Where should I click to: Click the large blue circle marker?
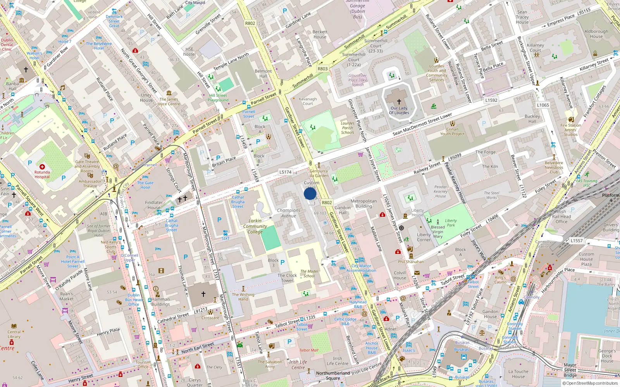pos(310,193)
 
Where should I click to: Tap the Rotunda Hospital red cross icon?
pos(42,167)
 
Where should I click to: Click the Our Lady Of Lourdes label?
pos(399,111)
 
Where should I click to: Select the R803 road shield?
pos(322,68)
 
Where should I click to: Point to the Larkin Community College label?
pos(255,226)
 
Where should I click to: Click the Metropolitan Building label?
pos(363,204)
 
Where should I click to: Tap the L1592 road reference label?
pos(491,100)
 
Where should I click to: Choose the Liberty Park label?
pos(450,223)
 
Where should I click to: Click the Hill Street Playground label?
pos(218,98)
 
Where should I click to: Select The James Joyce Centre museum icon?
pos(169,93)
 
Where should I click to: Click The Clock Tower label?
pos(287,278)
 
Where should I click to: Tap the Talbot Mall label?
pos(308,350)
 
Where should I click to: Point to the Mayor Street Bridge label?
pos(570,370)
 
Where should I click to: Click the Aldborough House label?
pos(596,34)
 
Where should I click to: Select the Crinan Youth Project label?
pos(452,132)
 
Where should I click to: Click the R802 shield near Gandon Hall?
pos(327,202)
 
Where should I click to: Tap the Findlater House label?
pos(154,205)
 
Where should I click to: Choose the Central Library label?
pos(14,334)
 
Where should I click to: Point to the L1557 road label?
pos(576,240)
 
